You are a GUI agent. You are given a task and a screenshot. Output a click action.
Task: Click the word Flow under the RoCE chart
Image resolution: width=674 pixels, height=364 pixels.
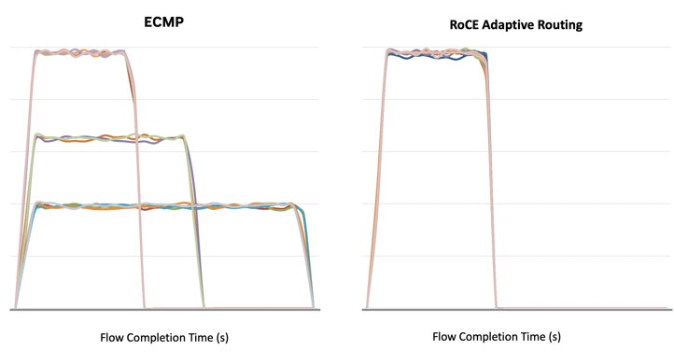click(446, 336)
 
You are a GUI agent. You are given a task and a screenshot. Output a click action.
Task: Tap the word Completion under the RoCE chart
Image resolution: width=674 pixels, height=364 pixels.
click(492, 336)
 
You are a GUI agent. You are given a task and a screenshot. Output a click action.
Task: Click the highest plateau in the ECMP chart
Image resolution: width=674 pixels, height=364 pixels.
click(79, 51)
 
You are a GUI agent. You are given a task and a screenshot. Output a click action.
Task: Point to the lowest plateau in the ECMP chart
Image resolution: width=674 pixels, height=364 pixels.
click(168, 205)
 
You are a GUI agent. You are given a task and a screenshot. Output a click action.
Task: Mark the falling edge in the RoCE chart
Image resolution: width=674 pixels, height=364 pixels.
click(491, 187)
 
